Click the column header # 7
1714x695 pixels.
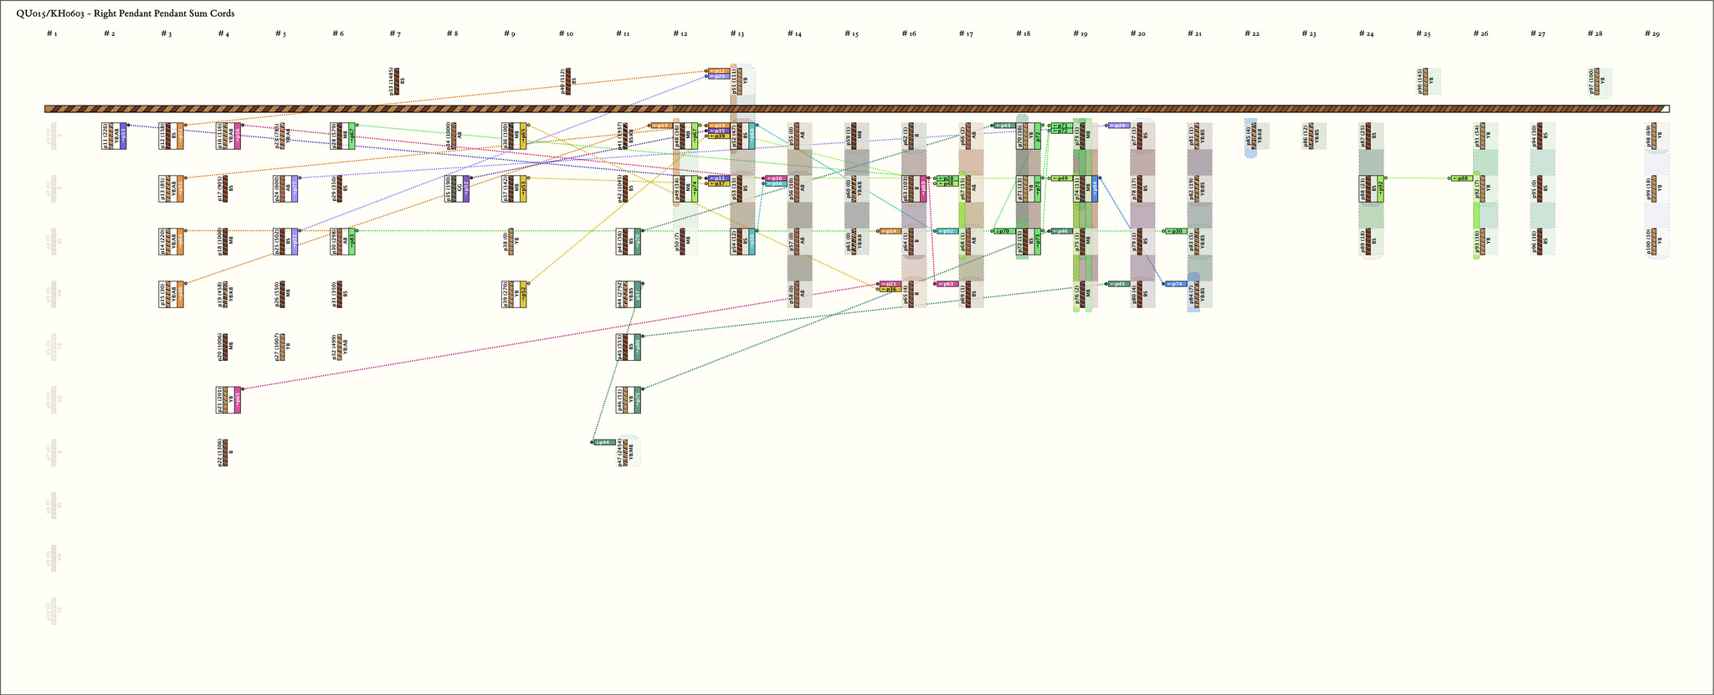395,33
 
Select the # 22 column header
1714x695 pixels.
1252,33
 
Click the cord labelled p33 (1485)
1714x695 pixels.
395,81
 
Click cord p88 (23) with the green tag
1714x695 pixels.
1371,189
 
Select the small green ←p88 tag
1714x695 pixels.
1461,178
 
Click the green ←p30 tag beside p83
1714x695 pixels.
1176,231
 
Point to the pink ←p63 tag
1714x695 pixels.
947,284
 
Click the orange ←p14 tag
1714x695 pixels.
890,231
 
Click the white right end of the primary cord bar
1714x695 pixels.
1665,109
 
